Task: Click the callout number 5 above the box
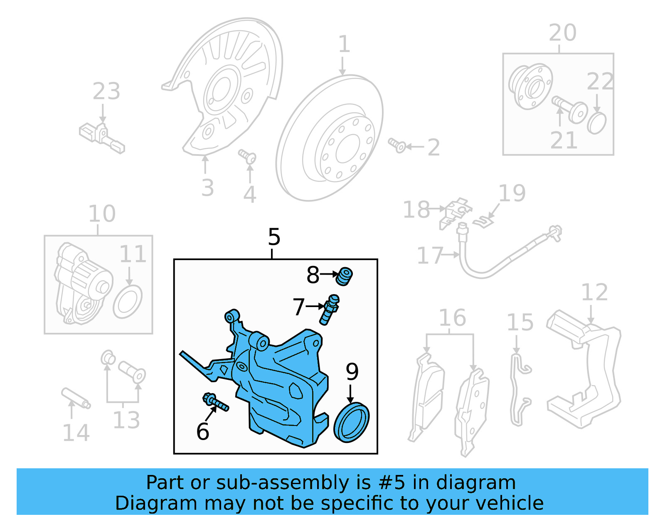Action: (x=274, y=237)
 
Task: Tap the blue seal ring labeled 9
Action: (x=351, y=422)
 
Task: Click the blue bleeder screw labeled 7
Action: (x=329, y=310)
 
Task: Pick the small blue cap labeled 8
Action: (x=344, y=276)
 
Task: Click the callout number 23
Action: (x=106, y=91)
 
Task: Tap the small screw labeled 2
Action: (x=397, y=145)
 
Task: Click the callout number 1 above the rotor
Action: (x=344, y=44)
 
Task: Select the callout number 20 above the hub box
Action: (x=562, y=33)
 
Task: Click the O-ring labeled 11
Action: (x=127, y=302)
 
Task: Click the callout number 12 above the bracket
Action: (x=594, y=293)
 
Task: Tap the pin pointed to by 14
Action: (x=76, y=398)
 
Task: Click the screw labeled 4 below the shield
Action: (x=248, y=157)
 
